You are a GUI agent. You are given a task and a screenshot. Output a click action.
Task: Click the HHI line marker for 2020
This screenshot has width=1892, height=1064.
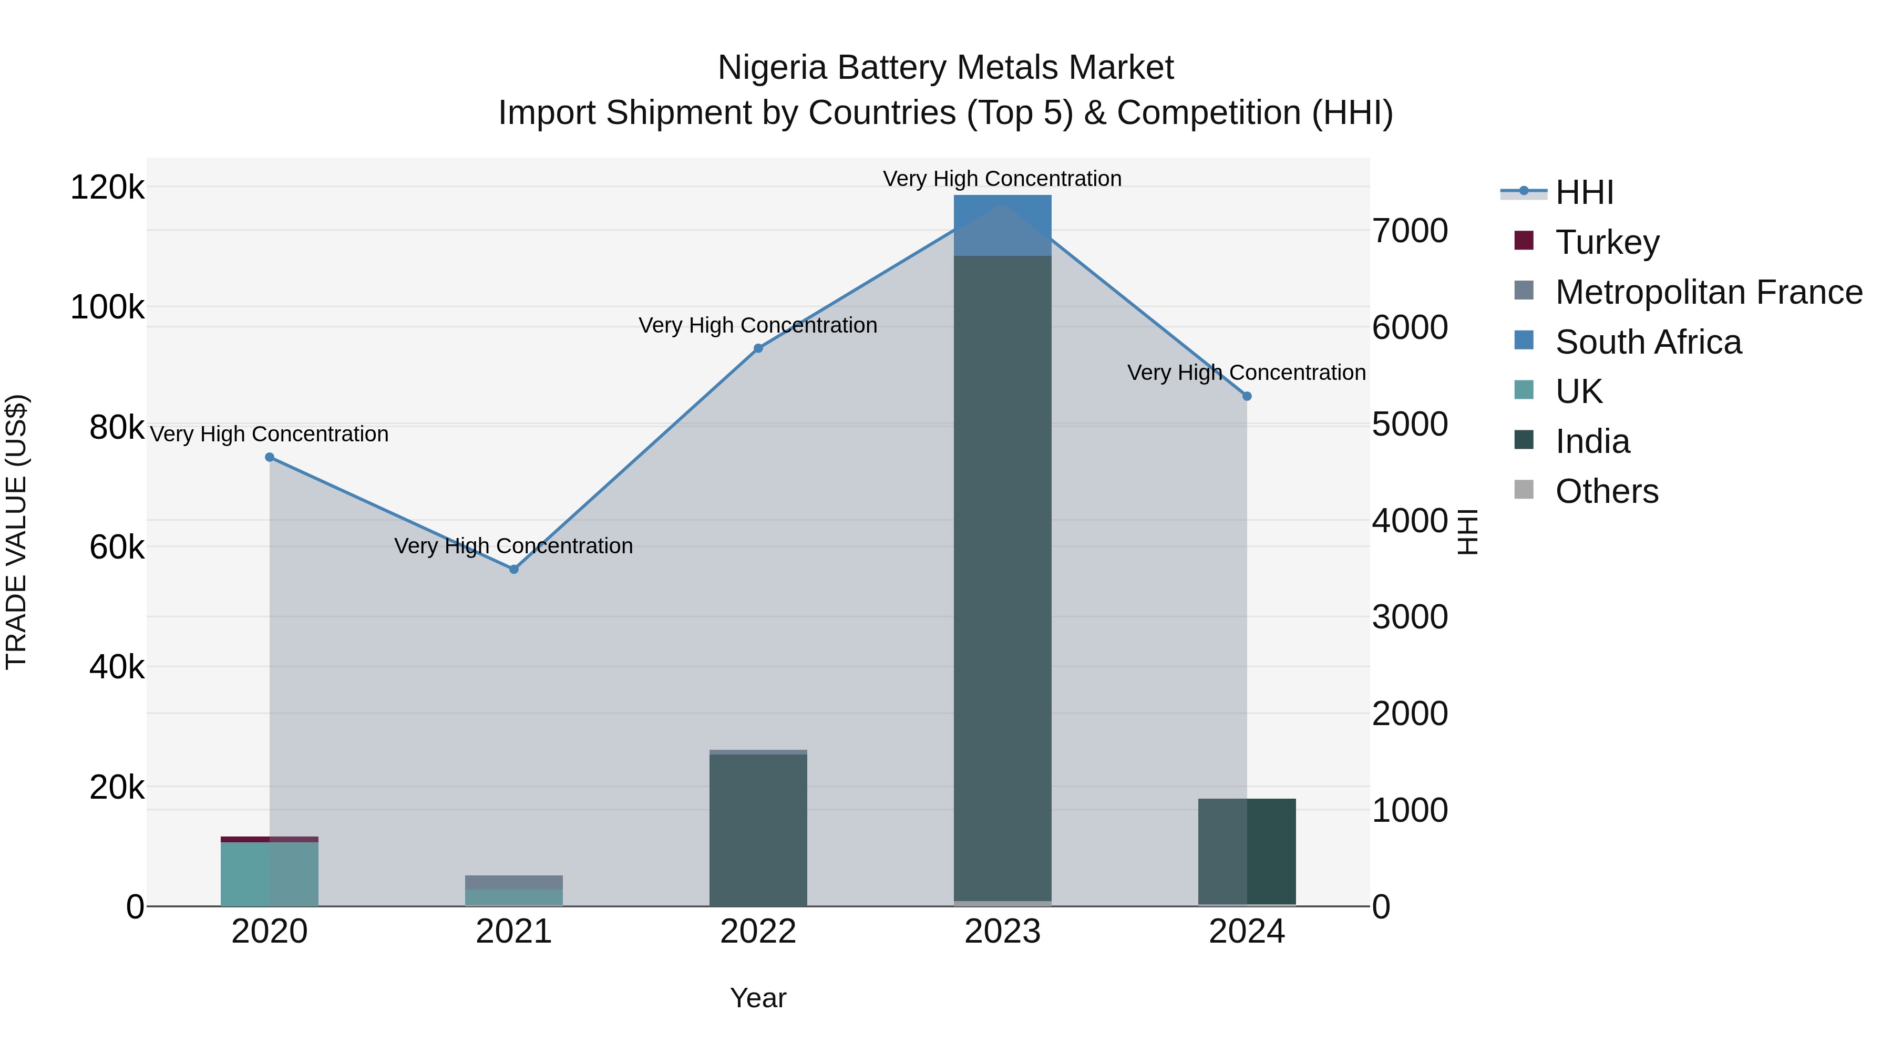270,458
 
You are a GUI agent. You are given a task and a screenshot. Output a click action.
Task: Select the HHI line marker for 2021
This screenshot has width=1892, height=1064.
514,569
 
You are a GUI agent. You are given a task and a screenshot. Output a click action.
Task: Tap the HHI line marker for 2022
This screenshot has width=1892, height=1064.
758,349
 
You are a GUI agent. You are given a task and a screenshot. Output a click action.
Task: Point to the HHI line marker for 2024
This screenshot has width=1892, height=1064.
1247,397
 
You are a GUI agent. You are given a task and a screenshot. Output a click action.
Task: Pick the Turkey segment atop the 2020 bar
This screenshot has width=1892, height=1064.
270,839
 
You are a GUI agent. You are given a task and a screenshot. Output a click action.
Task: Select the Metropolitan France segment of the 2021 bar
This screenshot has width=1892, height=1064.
514,882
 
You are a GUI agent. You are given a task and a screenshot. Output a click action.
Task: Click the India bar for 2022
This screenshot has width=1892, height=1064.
758,830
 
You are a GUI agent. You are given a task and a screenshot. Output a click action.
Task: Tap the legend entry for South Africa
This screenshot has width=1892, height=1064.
1648,342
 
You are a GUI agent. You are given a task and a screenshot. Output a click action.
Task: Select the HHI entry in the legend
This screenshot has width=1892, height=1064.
1584,192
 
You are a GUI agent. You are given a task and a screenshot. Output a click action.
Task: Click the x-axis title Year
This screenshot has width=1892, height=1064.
758,998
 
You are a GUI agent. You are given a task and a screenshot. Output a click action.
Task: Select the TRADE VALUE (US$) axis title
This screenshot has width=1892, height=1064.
16,532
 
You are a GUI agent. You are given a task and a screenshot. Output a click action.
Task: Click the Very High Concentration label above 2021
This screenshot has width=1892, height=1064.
513,546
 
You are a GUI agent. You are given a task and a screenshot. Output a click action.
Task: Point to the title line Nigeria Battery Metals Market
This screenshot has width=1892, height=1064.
945,68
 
